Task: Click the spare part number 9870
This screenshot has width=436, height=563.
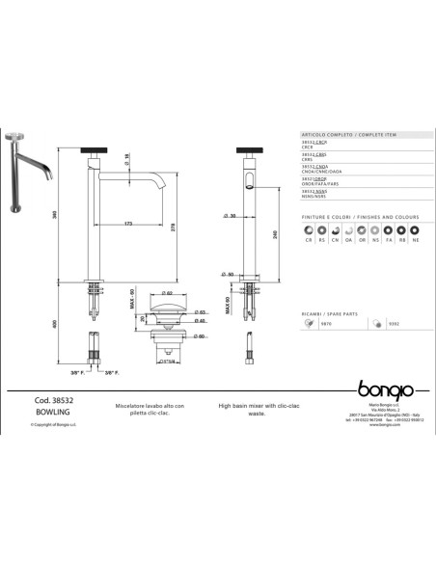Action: coord(327,325)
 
